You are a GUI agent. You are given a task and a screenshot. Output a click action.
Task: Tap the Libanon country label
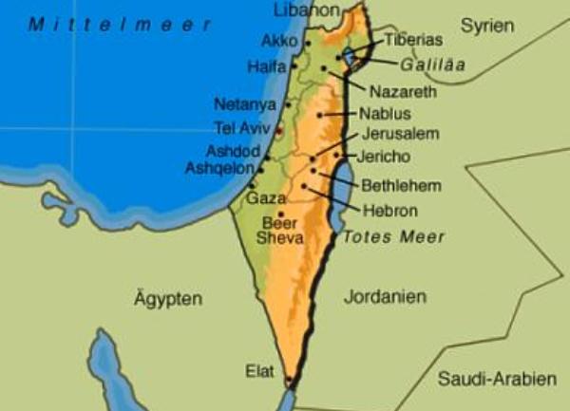click(306, 9)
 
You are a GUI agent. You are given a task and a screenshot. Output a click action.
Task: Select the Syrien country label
click(487, 26)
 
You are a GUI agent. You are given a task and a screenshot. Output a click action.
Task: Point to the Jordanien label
click(384, 296)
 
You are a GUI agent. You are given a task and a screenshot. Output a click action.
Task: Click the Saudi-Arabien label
click(497, 379)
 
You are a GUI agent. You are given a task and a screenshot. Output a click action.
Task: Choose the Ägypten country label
click(168, 299)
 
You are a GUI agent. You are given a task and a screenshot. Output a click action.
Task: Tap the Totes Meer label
click(393, 236)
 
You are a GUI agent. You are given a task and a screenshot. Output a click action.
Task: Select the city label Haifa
click(266, 66)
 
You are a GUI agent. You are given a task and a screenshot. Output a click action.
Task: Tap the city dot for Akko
click(308, 43)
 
